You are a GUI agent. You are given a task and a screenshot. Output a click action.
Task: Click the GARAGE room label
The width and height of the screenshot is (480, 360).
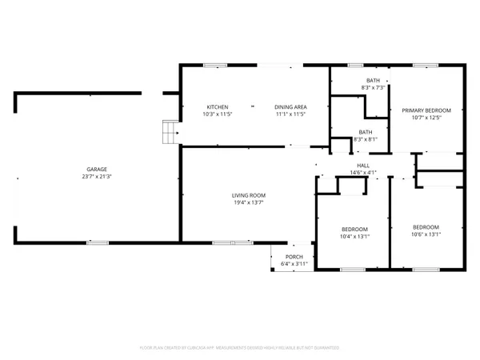97,170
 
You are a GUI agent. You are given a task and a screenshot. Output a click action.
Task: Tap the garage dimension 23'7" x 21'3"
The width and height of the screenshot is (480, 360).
97,177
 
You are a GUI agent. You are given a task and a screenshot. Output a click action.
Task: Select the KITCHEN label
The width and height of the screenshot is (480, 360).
218,107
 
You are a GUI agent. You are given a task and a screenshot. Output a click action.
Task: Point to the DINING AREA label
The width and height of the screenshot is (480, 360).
290,107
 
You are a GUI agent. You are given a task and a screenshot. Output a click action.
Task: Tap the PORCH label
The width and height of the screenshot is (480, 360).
294,257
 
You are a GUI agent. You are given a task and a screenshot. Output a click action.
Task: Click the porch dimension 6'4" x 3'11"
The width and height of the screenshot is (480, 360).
294,264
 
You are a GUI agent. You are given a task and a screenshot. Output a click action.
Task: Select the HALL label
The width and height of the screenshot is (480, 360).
363,166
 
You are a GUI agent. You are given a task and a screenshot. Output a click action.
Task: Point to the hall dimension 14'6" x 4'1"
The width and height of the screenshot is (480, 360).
363,173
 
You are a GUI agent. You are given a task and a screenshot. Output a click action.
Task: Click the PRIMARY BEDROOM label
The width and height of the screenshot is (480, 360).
426,110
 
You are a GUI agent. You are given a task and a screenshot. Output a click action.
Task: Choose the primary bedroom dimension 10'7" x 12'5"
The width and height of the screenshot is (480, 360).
426,118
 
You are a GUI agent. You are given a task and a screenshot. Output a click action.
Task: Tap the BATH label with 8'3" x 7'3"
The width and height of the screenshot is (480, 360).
373,81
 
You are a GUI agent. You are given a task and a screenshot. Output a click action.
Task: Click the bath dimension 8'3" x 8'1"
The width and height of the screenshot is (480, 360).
366,139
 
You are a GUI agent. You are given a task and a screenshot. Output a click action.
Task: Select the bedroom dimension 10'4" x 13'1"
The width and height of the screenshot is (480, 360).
354,236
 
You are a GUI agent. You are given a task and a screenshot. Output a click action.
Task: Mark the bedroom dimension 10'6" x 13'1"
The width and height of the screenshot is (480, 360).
426,234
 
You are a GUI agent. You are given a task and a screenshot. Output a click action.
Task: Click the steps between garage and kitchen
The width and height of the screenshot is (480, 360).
169,132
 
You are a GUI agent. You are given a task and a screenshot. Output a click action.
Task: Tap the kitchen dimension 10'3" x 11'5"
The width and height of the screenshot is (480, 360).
218,114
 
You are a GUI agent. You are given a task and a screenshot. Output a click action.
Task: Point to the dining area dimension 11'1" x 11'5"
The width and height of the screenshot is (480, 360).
290,114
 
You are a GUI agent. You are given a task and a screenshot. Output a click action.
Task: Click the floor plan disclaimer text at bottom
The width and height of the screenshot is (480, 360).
240,348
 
